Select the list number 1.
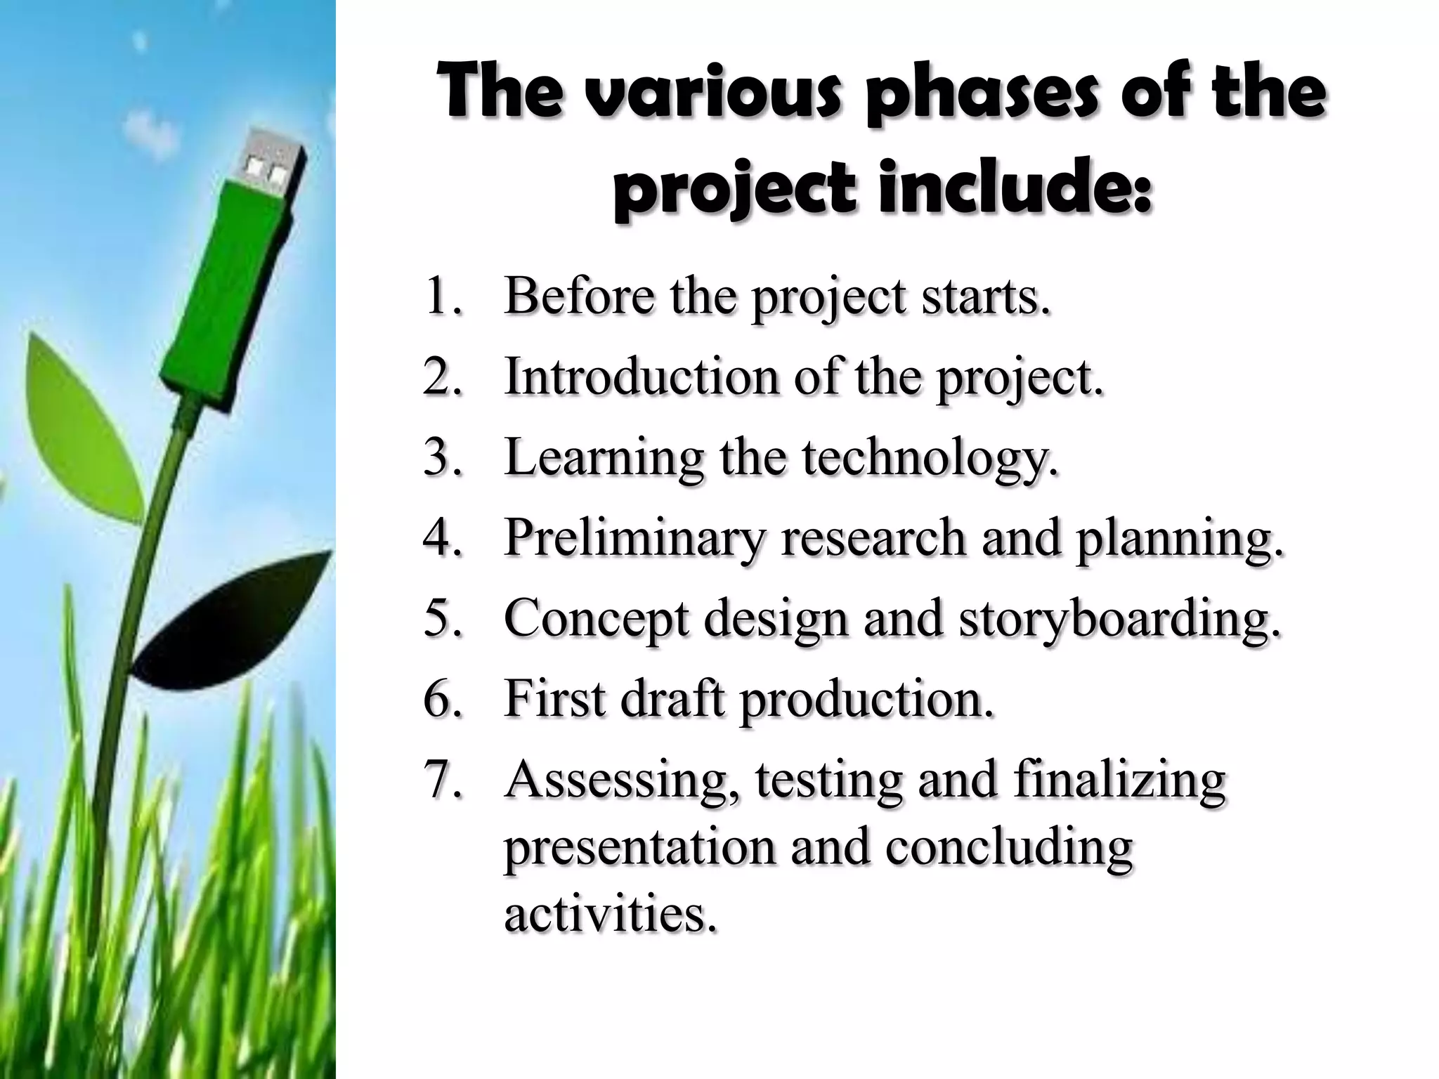pos(443,296)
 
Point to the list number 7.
pos(443,780)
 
